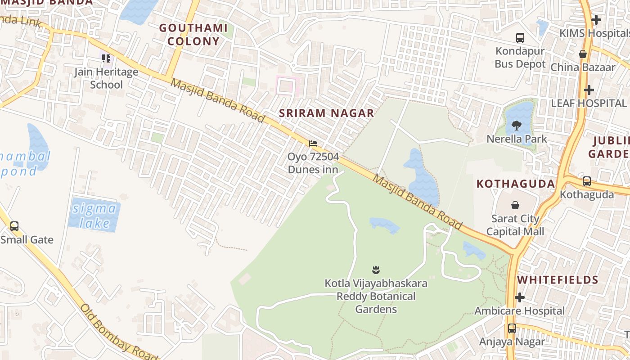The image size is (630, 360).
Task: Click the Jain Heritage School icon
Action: point(106,58)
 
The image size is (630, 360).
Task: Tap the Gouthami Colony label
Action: point(193,35)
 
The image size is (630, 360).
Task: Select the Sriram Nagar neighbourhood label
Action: point(326,113)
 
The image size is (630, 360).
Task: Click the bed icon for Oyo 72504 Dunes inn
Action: point(313,144)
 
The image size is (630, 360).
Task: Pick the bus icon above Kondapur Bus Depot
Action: point(520,38)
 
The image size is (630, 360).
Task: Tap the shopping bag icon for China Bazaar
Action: point(583,54)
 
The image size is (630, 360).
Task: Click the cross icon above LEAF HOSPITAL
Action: point(589,90)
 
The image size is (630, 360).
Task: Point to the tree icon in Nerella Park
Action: point(517,126)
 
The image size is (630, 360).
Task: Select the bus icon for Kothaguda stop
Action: point(587,181)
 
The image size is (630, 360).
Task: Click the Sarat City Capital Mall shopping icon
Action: point(515,206)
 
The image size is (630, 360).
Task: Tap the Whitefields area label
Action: point(558,280)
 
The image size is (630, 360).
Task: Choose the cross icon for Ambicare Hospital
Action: point(520,297)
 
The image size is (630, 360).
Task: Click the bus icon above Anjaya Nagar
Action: point(512,328)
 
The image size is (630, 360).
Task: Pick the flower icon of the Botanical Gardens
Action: point(376,270)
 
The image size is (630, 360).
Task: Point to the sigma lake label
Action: point(94,216)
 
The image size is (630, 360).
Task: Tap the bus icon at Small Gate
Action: point(14,226)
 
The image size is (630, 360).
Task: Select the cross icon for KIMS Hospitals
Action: point(596,20)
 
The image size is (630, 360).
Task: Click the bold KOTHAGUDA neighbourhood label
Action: point(516,184)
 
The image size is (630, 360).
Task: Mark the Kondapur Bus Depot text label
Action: point(520,57)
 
